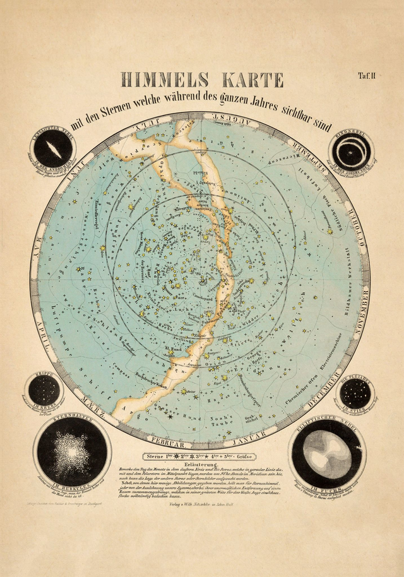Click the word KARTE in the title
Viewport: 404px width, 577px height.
(x=242, y=80)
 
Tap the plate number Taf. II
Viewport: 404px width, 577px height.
(x=367, y=76)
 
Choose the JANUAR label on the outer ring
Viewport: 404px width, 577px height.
(x=251, y=435)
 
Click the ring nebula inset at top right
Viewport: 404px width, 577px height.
(x=351, y=151)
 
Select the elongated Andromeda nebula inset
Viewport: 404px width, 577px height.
(x=53, y=149)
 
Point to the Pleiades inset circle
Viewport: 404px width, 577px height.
(x=355, y=393)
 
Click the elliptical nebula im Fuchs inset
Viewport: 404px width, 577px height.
(x=326, y=453)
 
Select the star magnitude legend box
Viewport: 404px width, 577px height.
(x=202, y=454)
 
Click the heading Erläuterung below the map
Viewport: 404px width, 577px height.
(x=202, y=464)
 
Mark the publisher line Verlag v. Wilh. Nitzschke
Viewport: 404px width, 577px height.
(x=202, y=504)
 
